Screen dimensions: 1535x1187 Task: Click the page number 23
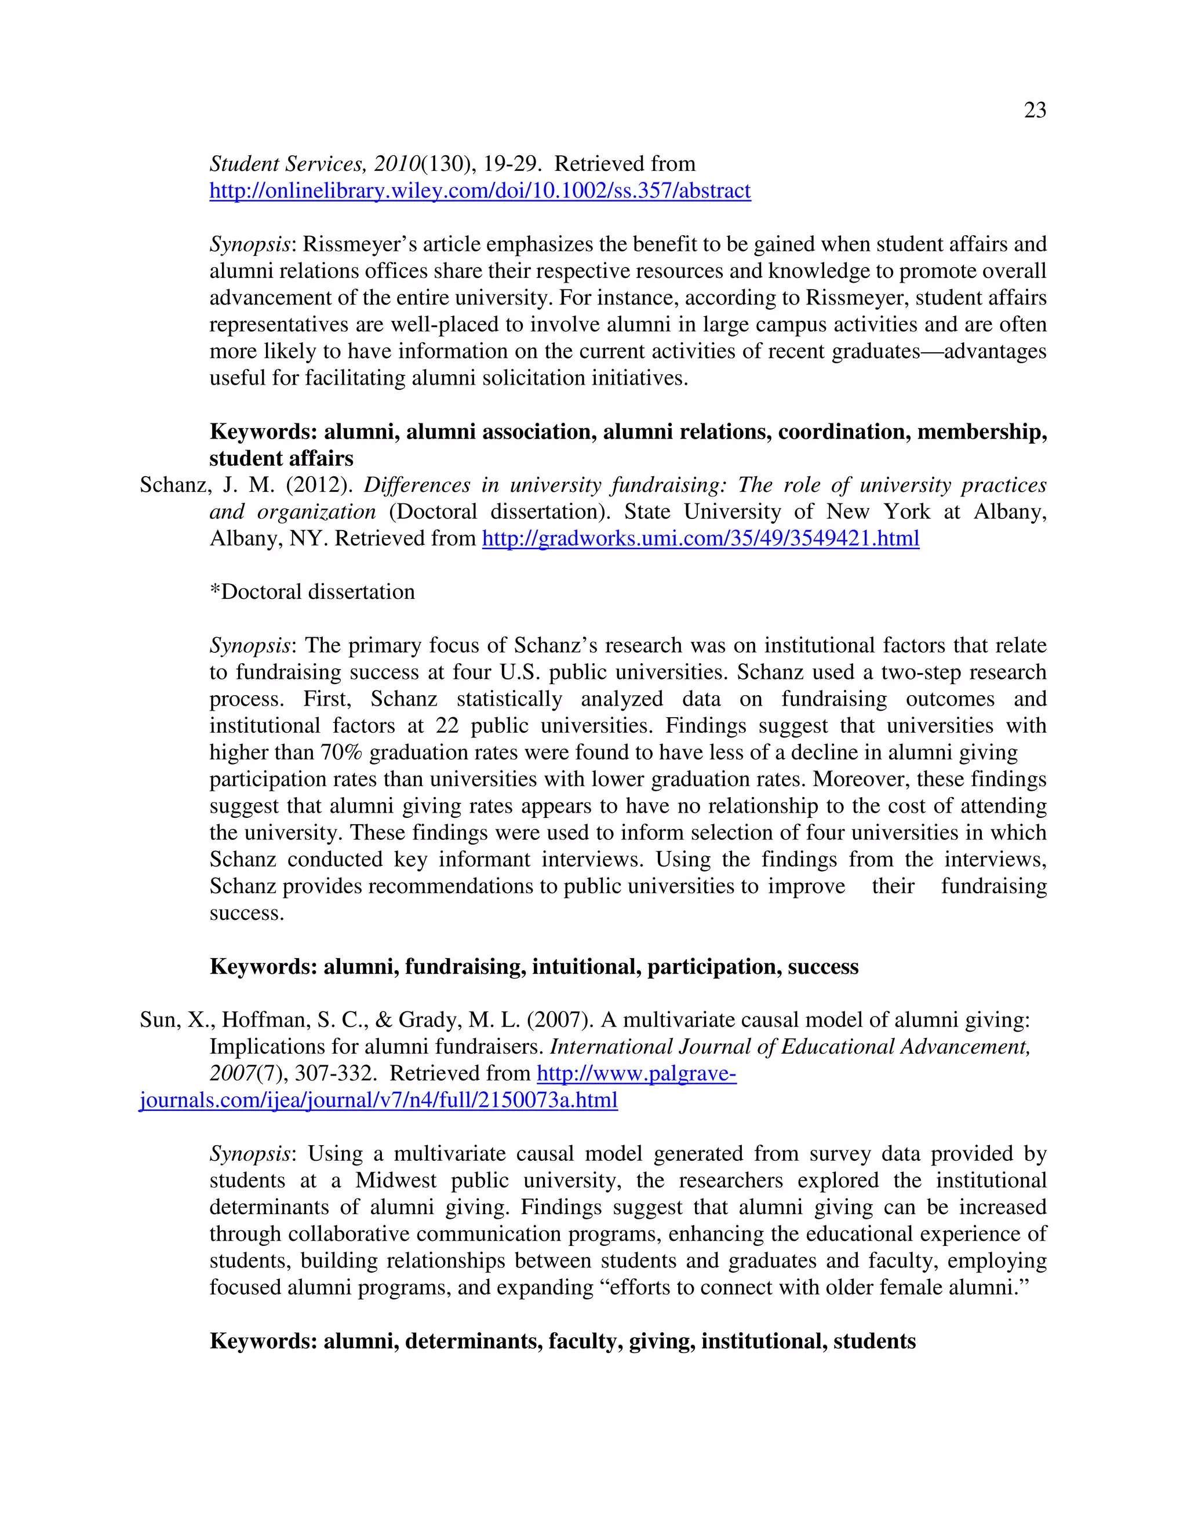pos(1035,110)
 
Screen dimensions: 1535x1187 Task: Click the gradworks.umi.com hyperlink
pos(700,539)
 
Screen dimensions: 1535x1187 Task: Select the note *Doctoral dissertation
pos(312,593)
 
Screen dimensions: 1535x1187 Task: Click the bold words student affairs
pos(281,459)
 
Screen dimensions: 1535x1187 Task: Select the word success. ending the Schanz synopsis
pos(247,913)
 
